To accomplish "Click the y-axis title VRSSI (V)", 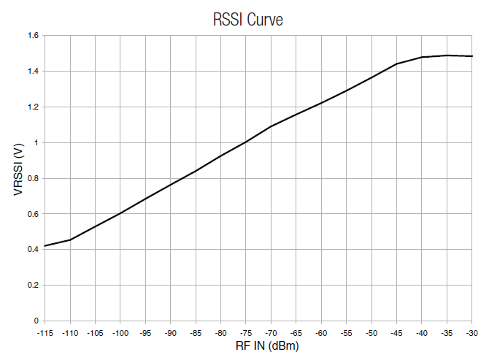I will tap(17, 178).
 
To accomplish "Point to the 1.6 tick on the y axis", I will tap(33, 35).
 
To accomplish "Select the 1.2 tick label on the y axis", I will tap(33, 107).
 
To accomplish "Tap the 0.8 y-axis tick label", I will tap(33, 178).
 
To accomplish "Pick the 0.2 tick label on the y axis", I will tap(33, 286).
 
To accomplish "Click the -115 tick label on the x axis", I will tap(45, 332).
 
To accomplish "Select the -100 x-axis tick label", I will tap(120, 332).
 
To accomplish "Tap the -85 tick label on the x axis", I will tap(195, 332).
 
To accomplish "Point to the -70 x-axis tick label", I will tap(271, 332).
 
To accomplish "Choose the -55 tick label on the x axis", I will tap(346, 332).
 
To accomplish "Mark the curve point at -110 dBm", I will tap(70, 240).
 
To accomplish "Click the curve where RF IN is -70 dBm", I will tap(271, 126).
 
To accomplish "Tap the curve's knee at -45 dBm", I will tap(396, 64).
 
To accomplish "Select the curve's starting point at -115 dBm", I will tap(45, 246).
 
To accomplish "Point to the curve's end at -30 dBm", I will tap(471, 56).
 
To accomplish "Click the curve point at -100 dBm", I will tap(120, 213).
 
